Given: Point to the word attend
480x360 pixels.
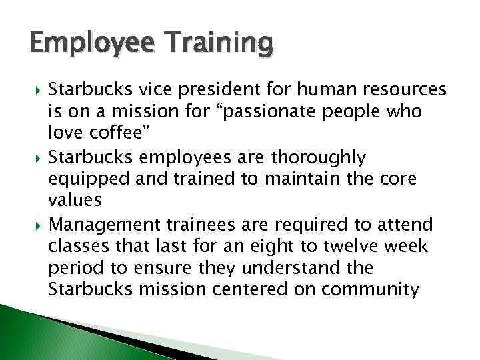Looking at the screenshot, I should pyautogui.click(x=408, y=224).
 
